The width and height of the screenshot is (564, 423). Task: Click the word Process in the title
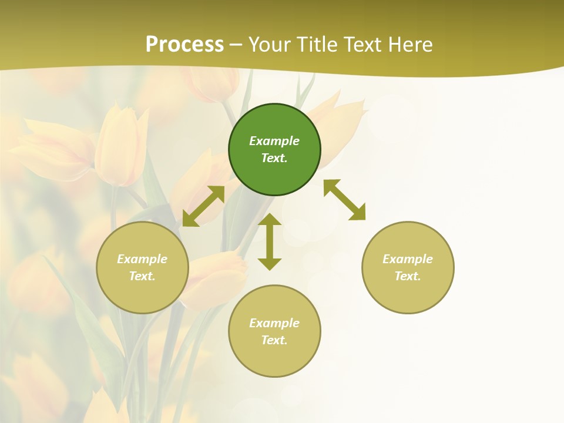tap(184, 45)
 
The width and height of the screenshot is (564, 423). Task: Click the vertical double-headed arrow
tap(270, 241)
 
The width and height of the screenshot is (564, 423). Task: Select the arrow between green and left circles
tap(203, 206)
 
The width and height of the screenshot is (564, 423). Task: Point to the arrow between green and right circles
tap(345, 200)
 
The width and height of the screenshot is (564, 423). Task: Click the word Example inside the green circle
tap(274, 141)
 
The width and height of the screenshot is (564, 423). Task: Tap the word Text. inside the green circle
tap(274, 158)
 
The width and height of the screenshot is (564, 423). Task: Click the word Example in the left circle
tap(142, 259)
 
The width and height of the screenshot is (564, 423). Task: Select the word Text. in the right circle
tap(408, 276)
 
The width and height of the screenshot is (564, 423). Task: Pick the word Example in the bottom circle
tap(274, 323)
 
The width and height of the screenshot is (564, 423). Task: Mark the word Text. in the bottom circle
tap(274, 340)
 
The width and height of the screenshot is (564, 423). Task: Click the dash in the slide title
tap(236, 45)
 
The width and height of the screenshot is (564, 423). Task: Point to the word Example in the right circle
tap(408, 259)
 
